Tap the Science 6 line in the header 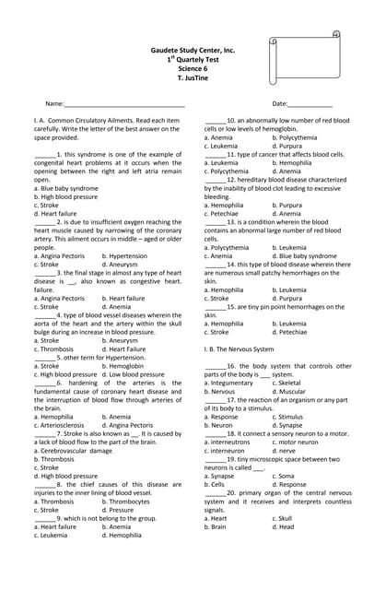193,69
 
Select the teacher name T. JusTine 193,78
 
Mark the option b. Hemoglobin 124,366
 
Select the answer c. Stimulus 291,417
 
